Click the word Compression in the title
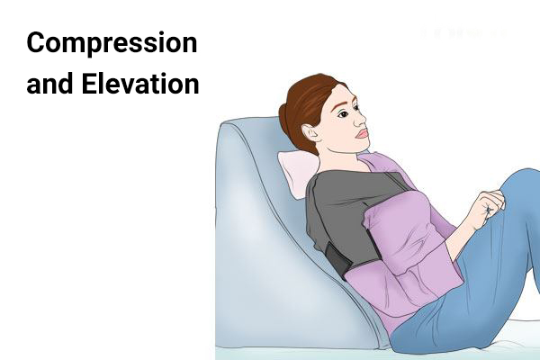coord(112,43)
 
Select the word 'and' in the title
coord(49,84)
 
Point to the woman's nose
coord(360,119)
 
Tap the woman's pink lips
coord(363,133)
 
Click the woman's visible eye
coord(344,114)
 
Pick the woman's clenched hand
coord(489,207)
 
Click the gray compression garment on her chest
coord(347,213)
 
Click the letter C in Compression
coord(36,43)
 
